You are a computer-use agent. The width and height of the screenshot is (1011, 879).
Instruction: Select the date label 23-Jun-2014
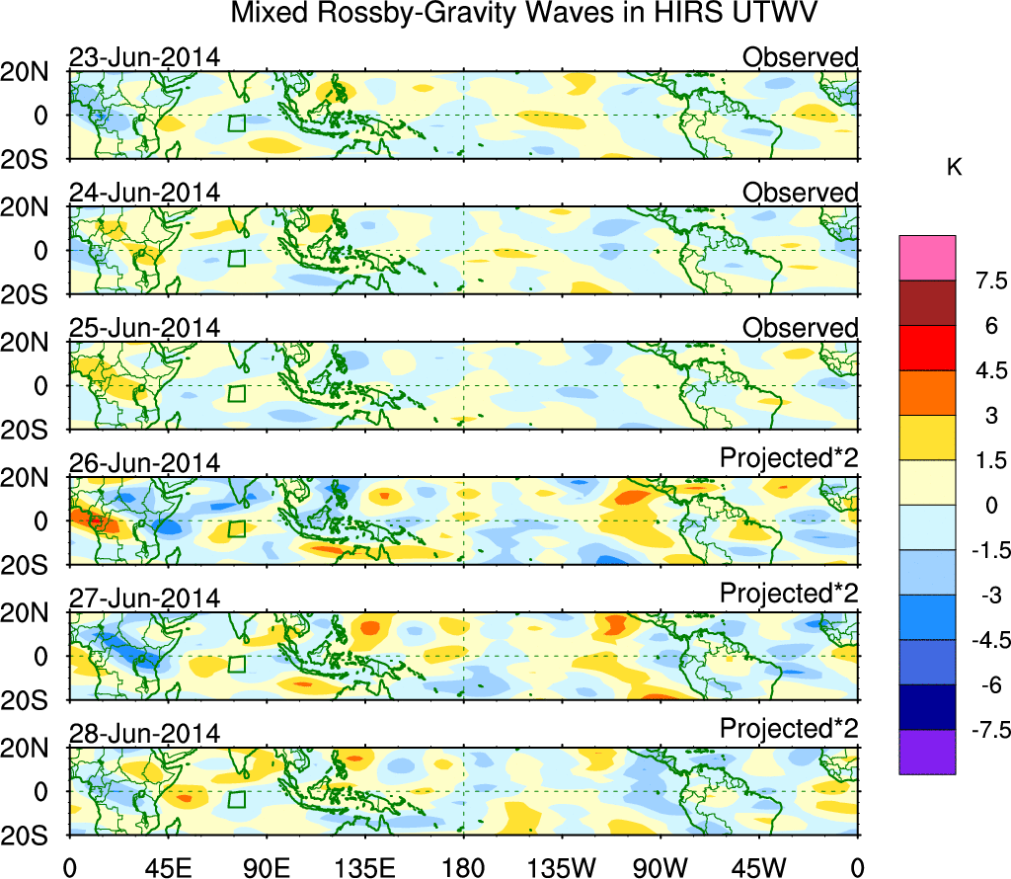click(144, 57)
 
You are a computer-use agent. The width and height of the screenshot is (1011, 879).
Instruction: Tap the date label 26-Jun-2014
click(144, 463)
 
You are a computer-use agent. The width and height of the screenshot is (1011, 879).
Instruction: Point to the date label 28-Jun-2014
click(144, 734)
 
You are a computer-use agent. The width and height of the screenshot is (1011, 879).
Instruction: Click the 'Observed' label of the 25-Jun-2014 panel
click(800, 328)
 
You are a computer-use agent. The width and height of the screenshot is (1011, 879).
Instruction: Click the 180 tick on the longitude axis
click(463, 866)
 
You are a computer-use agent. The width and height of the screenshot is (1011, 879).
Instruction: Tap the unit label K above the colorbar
click(954, 168)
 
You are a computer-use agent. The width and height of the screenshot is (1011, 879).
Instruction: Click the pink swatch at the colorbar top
click(927, 258)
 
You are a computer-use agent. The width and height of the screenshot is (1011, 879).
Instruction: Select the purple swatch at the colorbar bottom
click(927, 753)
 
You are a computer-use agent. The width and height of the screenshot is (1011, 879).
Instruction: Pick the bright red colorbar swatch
click(927, 348)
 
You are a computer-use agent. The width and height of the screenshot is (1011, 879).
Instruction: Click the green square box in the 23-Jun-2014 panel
click(236, 123)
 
